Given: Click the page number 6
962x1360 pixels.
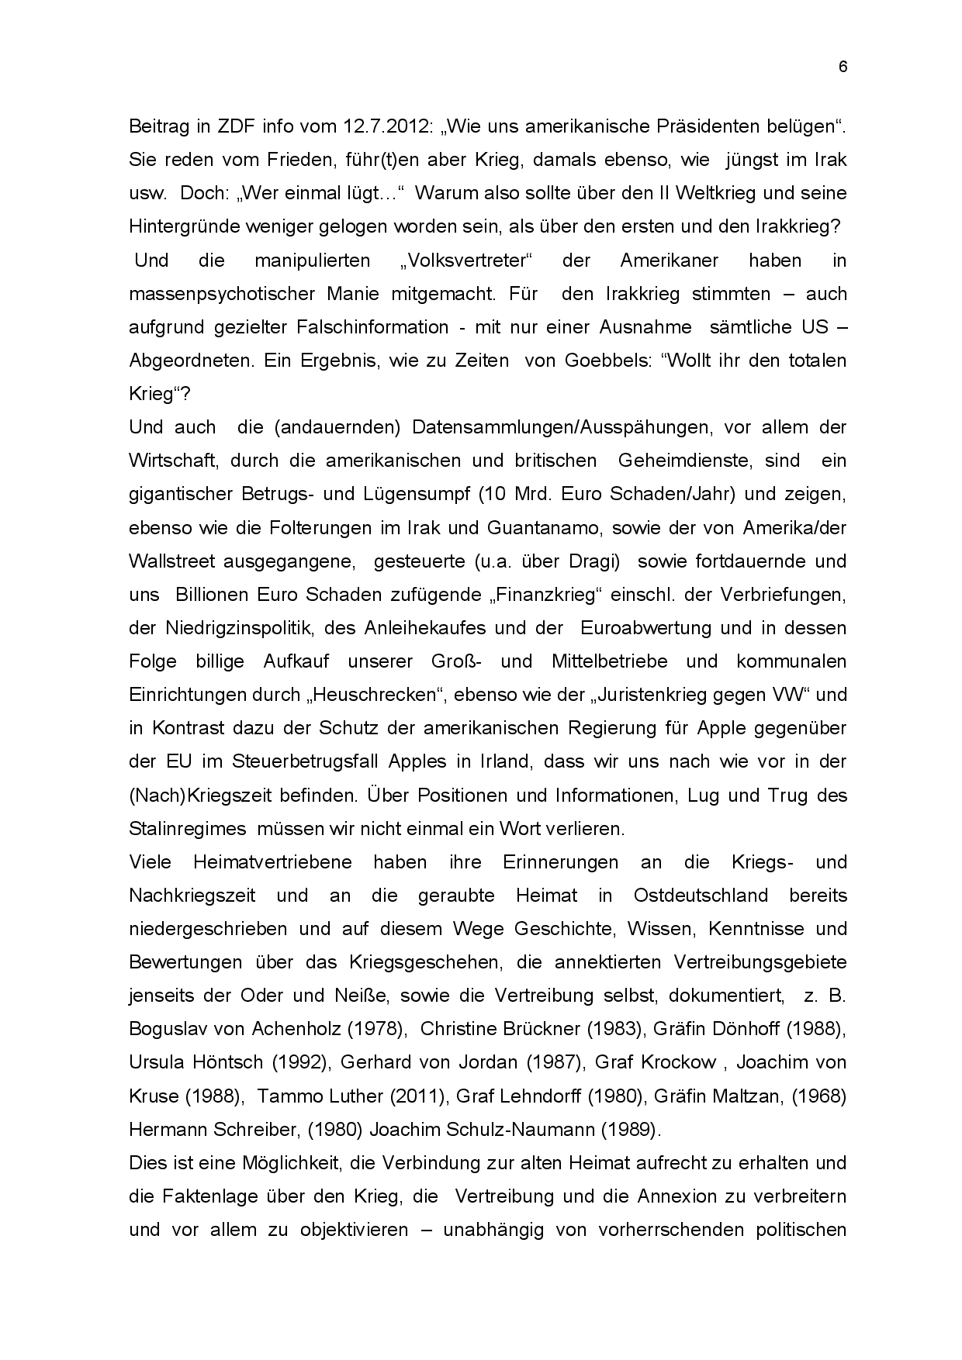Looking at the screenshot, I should (x=843, y=67).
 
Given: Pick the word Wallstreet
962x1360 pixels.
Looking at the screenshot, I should (x=175, y=561).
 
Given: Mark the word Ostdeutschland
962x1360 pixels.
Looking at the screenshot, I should (x=701, y=896).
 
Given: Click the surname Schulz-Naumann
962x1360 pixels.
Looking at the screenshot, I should (x=510, y=1130).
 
